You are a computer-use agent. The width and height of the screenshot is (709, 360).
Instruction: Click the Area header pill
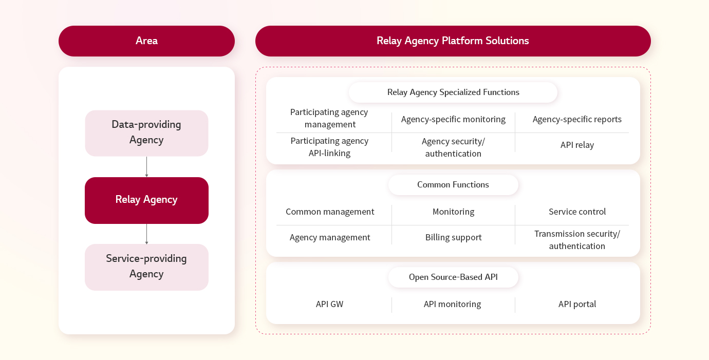coord(146,41)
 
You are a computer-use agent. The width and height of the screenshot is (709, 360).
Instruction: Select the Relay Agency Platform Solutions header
coord(453,41)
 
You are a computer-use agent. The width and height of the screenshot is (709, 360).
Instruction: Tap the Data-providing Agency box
coord(146,133)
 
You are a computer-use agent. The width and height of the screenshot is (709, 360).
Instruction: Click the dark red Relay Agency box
coord(146,200)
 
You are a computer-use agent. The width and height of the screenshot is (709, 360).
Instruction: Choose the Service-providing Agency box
coord(146,267)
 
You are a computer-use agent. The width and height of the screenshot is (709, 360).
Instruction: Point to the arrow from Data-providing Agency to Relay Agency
coord(146,167)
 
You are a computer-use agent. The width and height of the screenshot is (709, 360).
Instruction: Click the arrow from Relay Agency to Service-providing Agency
coord(146,234)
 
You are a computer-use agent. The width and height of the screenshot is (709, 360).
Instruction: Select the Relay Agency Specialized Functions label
coord(453,92)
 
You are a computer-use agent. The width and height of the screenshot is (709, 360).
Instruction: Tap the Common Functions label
coord(453,185)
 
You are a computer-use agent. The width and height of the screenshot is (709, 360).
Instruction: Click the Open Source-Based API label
coord(453,277)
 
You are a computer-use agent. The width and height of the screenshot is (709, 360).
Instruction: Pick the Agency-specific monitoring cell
coord(453,119)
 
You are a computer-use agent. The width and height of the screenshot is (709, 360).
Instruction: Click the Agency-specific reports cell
coord(576,119)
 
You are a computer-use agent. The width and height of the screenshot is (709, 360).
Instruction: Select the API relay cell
coord(577,145)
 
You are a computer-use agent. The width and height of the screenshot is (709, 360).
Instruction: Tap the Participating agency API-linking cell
coord(329,147)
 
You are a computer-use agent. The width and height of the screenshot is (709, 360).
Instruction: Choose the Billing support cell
coord(453,237)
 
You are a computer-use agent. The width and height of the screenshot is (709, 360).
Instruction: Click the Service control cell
coord(577,212)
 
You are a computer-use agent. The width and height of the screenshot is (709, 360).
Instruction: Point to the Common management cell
coord(330,212)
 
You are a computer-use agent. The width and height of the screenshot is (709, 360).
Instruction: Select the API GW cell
coord(329,304)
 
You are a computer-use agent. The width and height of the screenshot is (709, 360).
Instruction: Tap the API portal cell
coord(577,304)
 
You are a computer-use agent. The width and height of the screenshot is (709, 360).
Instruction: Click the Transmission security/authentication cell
coord(577,240)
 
